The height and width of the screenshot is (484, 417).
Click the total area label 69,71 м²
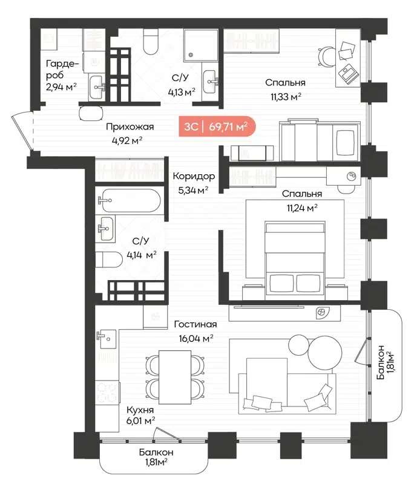pos(228,126)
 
